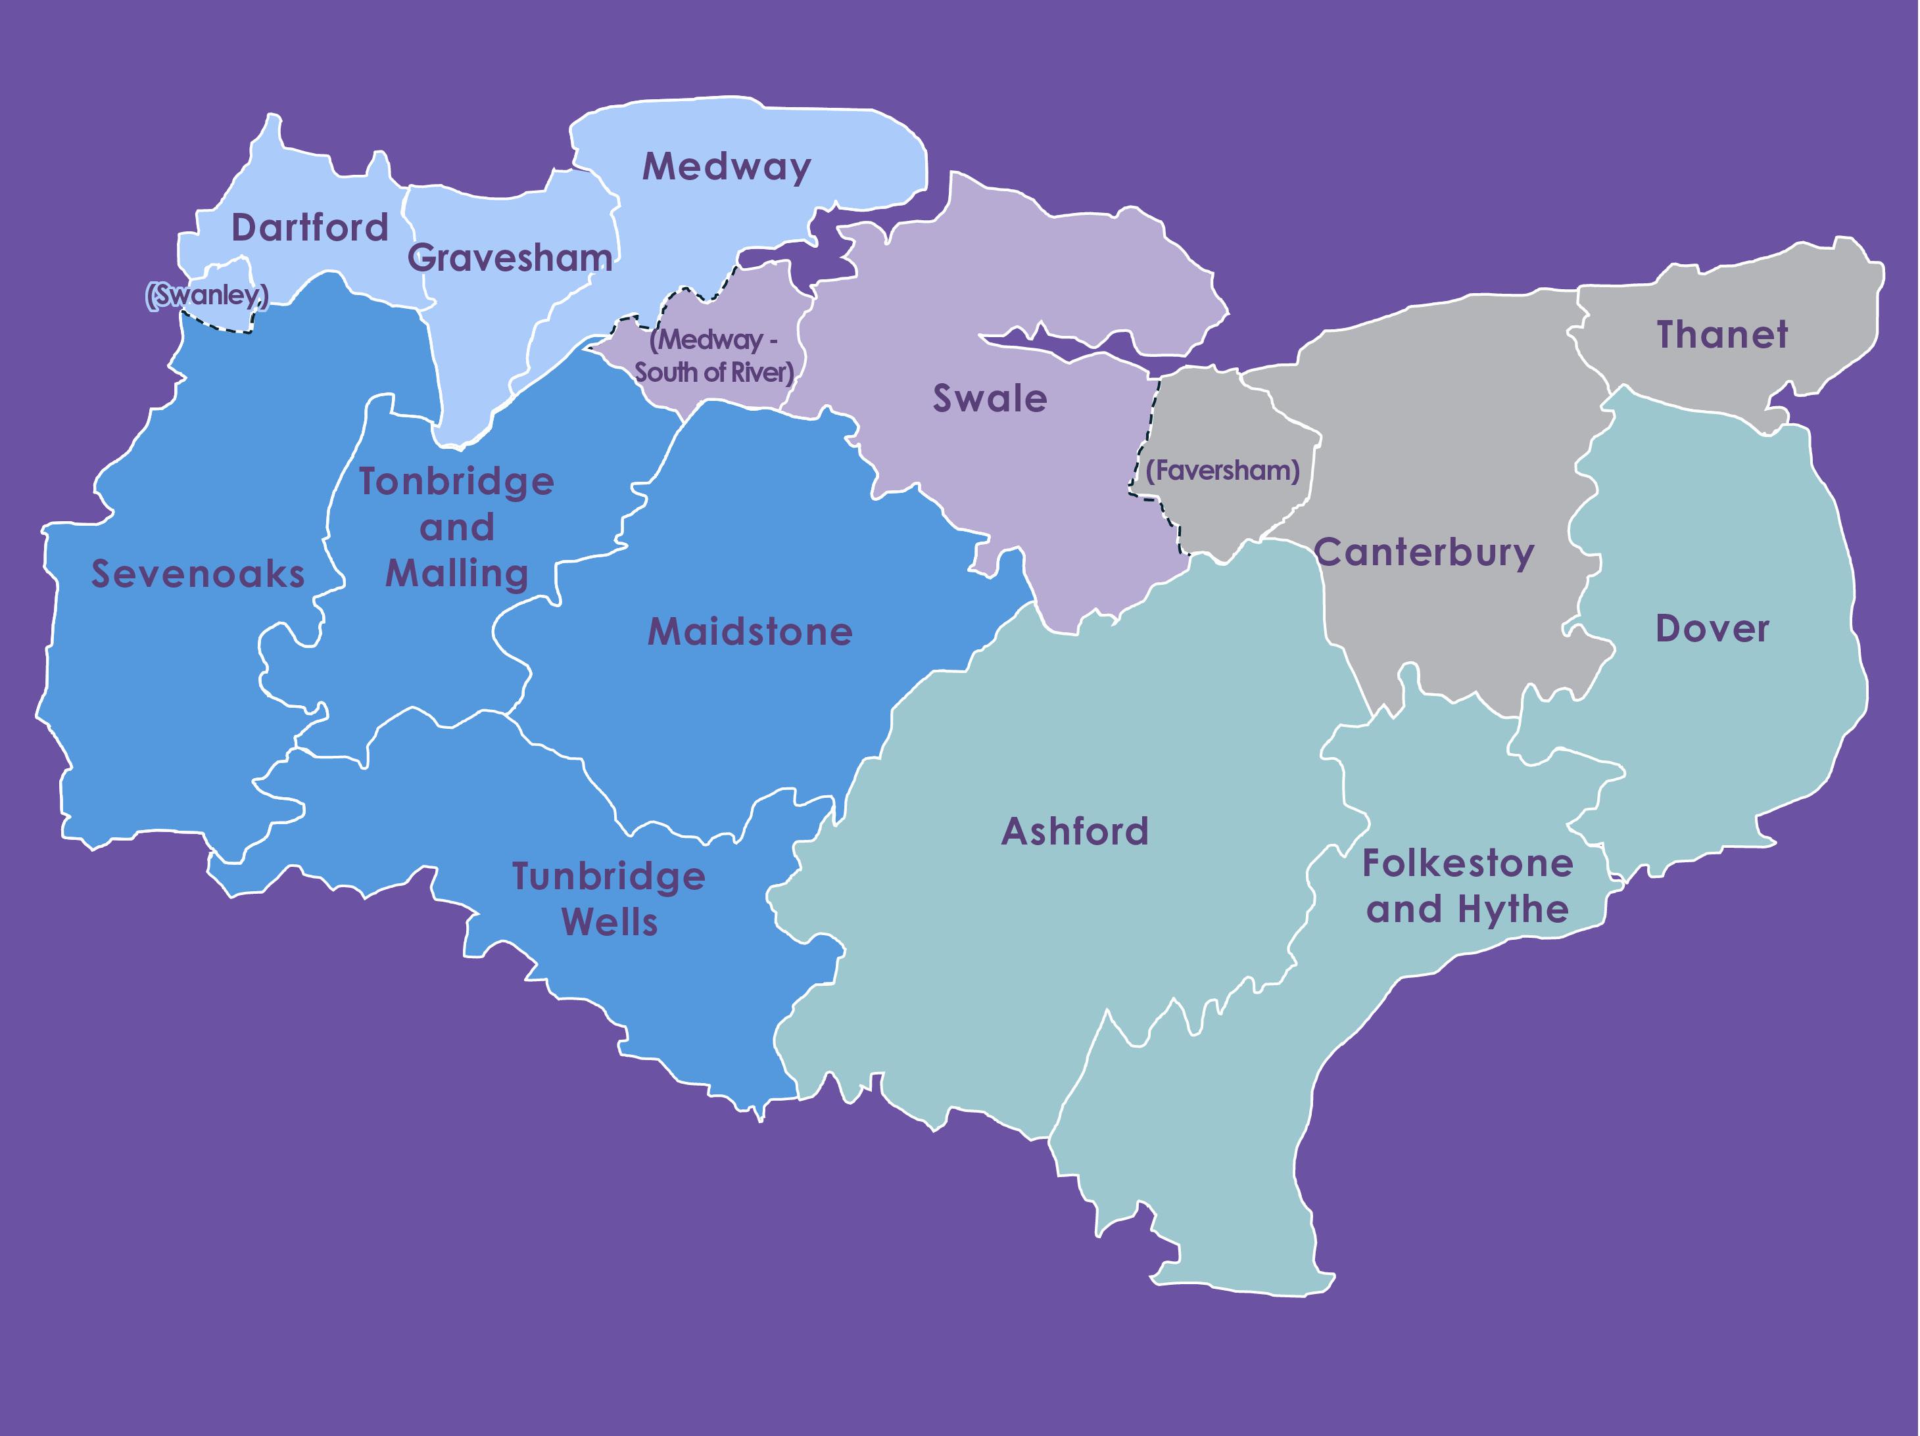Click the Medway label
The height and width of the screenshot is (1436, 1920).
[x=727, y=166]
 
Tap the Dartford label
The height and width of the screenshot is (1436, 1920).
[x=310, y=227]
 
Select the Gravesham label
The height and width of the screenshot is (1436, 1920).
[x=510, y=258]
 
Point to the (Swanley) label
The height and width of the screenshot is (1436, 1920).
[x=206, y=295]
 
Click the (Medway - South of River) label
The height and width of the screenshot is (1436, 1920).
[x=713, y=356]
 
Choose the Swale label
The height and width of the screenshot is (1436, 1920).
[x=990, y=398]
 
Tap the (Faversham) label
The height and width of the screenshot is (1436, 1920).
[x=1222, y=471]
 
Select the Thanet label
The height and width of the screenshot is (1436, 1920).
[x=1722, y=335]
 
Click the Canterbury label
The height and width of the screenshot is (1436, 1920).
[x=1424, y=553]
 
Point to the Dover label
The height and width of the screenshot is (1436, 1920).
[x=1712, y=629]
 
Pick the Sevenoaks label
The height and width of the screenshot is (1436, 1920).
[x=198, y=574]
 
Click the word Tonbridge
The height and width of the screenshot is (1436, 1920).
[x=456, y=482]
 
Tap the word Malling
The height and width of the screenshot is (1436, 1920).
[x=456, y=574]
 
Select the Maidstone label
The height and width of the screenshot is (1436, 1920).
[x=750, y=632]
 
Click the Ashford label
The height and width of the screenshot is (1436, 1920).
[x=1074, y=831]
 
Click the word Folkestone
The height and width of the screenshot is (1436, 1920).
[x=1467, y=864]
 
